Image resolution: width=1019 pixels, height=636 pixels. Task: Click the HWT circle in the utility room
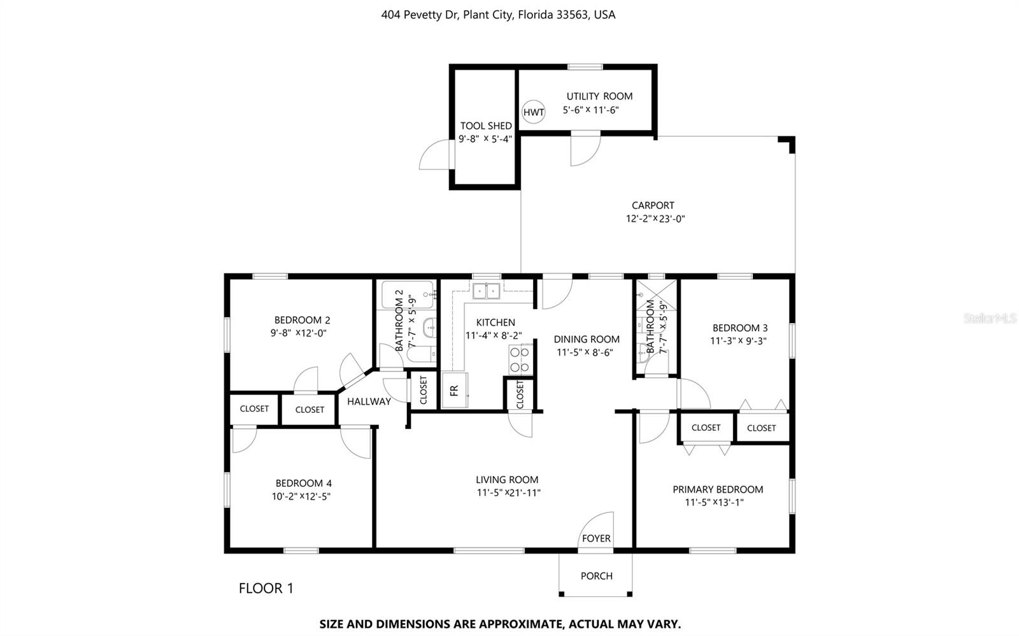[534, 113]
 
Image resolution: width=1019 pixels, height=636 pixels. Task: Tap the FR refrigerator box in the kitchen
[455, 390]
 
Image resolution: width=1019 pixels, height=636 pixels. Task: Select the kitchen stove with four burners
[520, 359]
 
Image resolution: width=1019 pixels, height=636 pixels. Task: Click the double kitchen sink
[487, 291]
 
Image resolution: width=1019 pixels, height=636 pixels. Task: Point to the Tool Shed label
[486, 126]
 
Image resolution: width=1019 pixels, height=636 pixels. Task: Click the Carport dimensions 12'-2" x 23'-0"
[655, 219]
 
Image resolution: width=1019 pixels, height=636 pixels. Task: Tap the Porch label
[596, 576]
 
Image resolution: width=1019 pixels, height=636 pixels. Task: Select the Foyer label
[596, 538]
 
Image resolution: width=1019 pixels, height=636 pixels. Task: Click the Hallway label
[369, 401]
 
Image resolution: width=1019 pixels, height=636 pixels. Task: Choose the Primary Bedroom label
[718, 489]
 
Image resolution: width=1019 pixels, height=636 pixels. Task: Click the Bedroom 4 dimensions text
[301, 496]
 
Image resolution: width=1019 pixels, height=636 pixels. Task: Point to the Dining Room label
[586, 340]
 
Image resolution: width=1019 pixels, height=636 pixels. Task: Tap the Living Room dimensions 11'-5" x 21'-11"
[508, 493]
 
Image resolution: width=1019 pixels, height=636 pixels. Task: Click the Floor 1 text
[266, 588]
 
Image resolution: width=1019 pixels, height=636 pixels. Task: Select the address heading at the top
[498, 15]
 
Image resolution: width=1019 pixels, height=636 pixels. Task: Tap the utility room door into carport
[585, 150]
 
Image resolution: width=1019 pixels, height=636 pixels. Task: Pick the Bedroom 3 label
[739, 328]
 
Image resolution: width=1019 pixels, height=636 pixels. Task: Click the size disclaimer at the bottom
[500, 624]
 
